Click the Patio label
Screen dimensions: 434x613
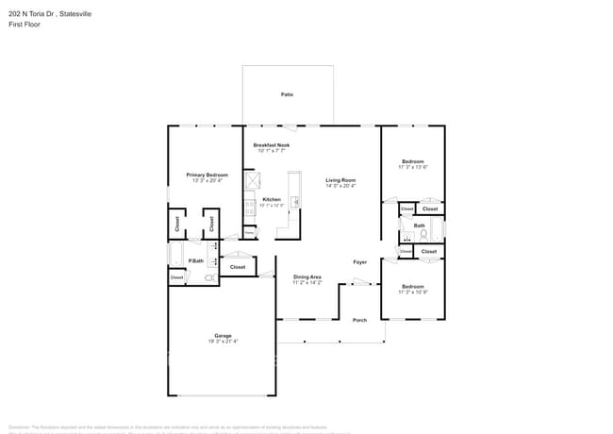click(286, 95)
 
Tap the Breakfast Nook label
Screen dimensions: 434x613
click(272, 144)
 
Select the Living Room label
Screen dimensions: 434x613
click(340, 179)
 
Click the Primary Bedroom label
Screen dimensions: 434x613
click(207, 175)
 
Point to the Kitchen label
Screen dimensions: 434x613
click(272, 199)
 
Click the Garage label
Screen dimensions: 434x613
click(223, 336)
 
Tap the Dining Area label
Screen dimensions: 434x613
click(307, 276)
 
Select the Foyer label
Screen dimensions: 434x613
click(359, 261)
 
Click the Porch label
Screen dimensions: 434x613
click(359, 320)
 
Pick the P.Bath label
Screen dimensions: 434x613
click(197, 260)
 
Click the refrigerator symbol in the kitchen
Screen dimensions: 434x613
click(252, 180)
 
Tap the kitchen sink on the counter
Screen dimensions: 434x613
click(295, 201)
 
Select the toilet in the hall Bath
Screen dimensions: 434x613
click(423, 233)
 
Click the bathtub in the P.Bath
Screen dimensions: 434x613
click(175, 255)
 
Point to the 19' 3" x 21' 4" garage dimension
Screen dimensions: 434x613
click(223, 342)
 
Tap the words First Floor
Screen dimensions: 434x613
click(24, 25)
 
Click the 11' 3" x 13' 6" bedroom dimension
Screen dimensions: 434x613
click(413, 167)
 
